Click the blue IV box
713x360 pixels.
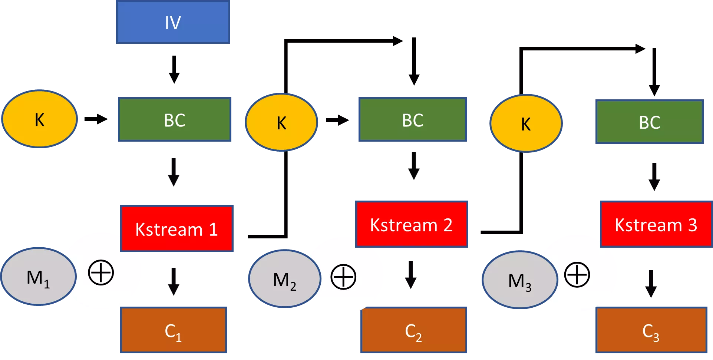pyautogui.click(x=173, y=22)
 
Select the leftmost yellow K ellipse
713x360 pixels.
pyautogui.click(x=40, y=119)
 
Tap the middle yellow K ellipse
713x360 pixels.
pyautogui.click(x=281, y=122)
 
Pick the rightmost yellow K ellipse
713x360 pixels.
pyautogui.click(x=526, y=123)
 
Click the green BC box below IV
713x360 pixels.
pyautogui.click(x=174, y=119)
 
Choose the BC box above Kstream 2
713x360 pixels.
pyautogui.click(x=412, y=119)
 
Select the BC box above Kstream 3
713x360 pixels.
pyautogui.click(x=649, y=122)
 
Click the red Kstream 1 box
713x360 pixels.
pyautogui.click(x=177, y=229)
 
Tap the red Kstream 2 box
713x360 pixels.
pyautogui.click(x=411, y=224)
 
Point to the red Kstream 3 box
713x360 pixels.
pyautogui.click(x=656, y=224)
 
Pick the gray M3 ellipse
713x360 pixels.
pyautogui.click(x=519, y=280)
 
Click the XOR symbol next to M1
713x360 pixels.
pyautogui.click(x=101, y=273)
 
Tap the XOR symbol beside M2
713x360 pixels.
pyautogui.click(x=343, y=277)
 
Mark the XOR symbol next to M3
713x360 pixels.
pyautogui.click(x=577, y=275)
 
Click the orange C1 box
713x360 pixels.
pyautogui.click(x=173, y=330)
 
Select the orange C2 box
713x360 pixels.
pyautogui.click(x=413, y=330)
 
